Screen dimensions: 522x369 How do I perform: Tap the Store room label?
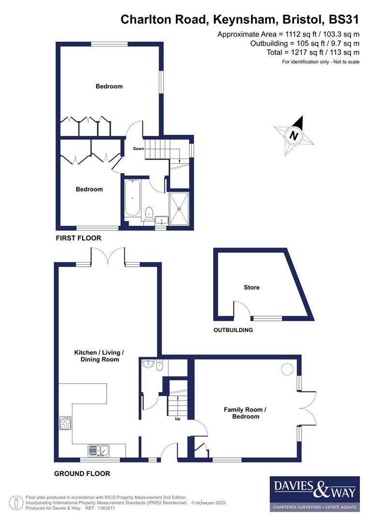251,287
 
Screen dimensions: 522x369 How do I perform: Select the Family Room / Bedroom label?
245,413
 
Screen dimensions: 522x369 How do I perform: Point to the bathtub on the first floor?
132,198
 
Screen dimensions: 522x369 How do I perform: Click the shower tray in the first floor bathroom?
179,209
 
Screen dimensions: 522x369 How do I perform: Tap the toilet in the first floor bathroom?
149,213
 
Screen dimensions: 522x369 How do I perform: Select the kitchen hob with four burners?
65,423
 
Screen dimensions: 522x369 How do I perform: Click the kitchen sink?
99,450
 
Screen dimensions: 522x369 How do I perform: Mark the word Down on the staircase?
139,148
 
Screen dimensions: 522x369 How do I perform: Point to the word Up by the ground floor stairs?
177,419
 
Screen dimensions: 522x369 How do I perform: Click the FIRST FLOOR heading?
78,238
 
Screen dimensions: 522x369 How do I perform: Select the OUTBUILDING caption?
233,330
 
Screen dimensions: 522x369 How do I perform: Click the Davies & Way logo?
314,493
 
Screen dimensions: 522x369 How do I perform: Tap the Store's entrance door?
241,309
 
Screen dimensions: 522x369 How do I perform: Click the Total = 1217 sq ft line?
312,52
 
